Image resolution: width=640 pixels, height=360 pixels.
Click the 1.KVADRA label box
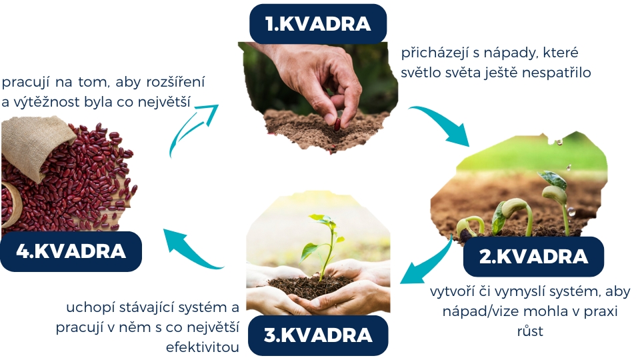coord(318,23)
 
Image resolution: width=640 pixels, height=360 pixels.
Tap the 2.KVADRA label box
coord(533,256)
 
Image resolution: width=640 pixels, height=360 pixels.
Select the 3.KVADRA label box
coord(318,335)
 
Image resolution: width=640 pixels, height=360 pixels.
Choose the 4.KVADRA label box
coord(71,251)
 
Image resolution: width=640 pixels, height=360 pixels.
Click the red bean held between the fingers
coord(337,124)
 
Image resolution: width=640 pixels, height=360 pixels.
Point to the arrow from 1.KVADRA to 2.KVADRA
coord(443,125)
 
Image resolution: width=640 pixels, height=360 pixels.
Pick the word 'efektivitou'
coord(202,347)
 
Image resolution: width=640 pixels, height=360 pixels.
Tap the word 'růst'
coord(530,331)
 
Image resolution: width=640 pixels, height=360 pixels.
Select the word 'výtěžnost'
coord(47,102)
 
